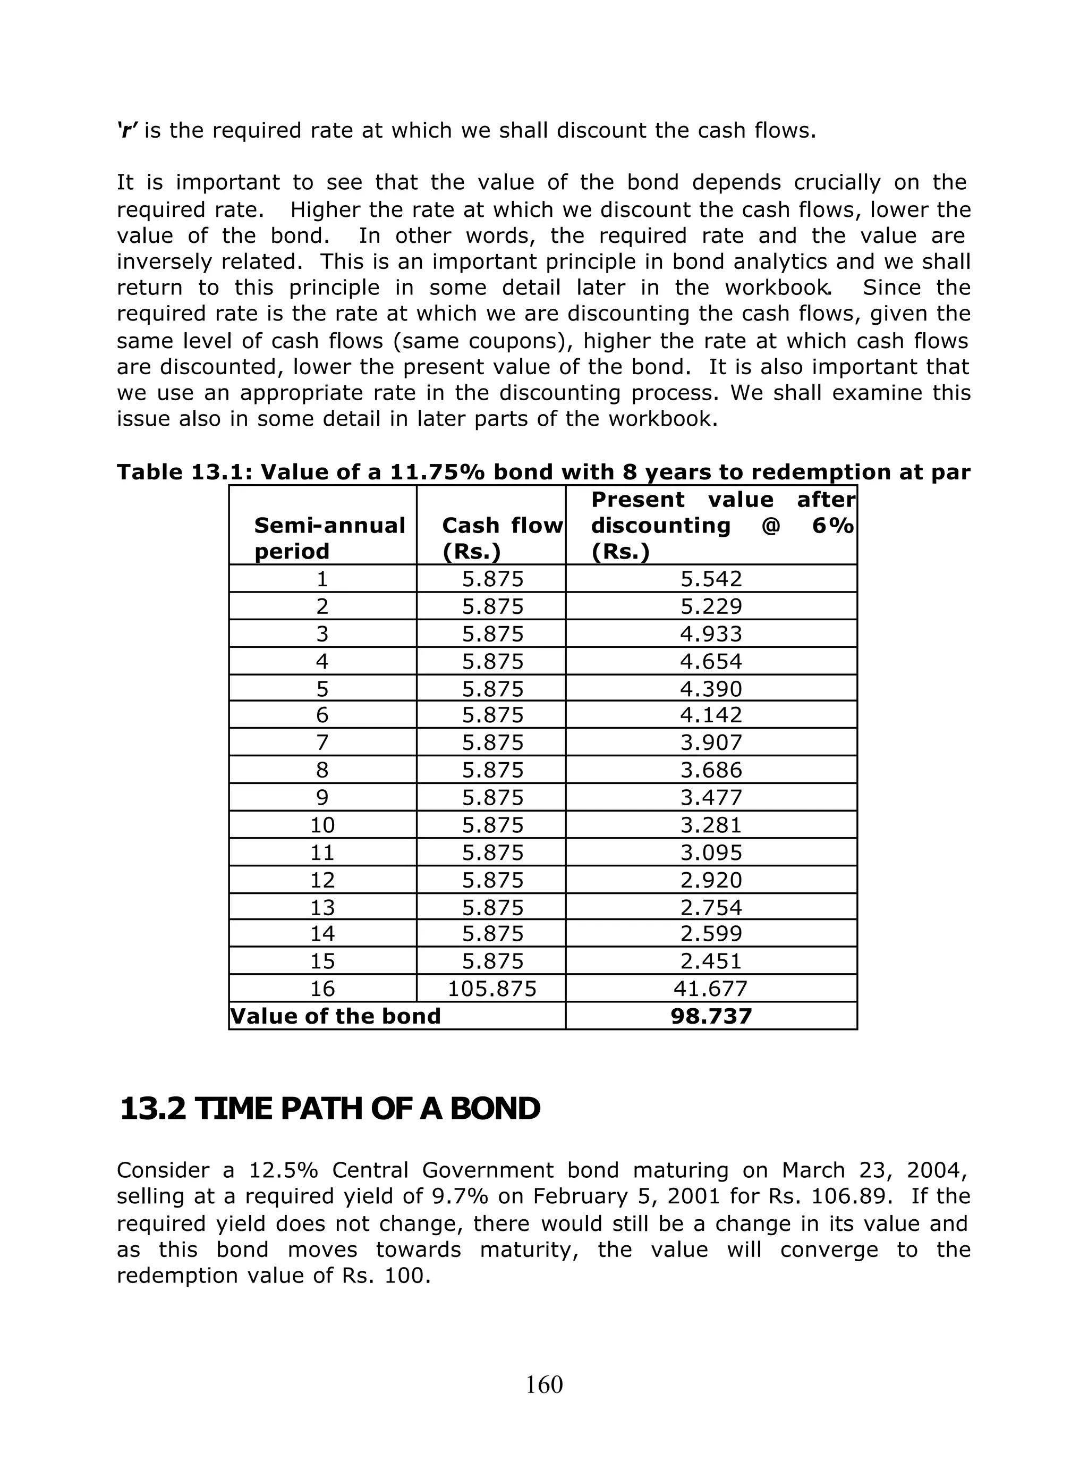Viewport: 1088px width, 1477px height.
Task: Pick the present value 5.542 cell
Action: (711, 579)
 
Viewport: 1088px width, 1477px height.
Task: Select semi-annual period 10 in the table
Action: (322, 825)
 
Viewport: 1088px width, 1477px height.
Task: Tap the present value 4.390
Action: (711, 689)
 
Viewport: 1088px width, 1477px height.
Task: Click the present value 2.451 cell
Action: (711, 961)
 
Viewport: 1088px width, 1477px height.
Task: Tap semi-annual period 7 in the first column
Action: (322, 742)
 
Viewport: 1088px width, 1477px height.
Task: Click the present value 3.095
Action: (711, 853)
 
